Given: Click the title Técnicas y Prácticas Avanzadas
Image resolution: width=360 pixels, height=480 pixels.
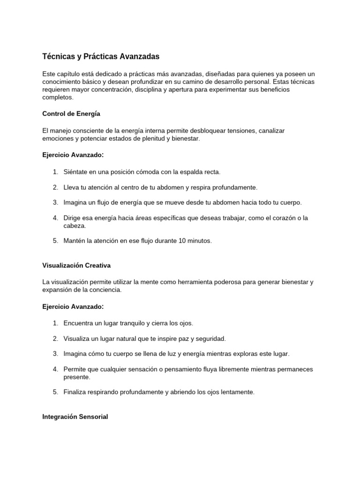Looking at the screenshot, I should [101, 57].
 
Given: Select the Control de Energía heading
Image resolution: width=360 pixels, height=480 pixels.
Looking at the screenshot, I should [71, 113].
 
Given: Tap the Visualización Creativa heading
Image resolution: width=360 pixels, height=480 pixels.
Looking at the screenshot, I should [76, 265].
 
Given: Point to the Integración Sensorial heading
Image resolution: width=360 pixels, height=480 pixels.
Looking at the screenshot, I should [75, 416].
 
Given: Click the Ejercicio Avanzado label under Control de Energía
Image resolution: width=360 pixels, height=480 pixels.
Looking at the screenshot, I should [72, 154].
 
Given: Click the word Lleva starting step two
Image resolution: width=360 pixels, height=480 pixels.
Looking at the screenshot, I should [72, 187].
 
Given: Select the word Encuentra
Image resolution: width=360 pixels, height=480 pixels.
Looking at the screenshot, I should [80, 323].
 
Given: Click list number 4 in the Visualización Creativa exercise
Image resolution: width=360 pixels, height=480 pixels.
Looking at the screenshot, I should [55, 369].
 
